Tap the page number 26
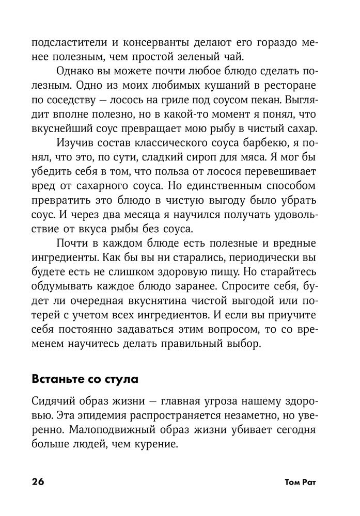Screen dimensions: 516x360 click(x=38, y=482)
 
